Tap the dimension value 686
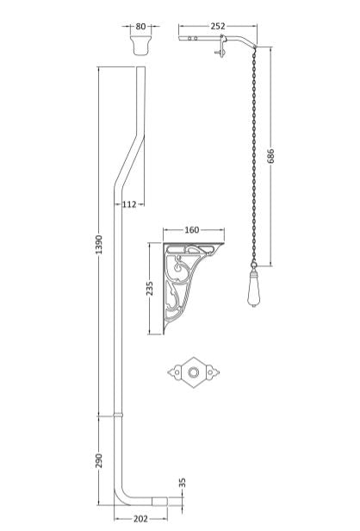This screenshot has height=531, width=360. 270,156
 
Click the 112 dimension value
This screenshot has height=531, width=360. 130,203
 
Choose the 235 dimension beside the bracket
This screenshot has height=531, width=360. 151,286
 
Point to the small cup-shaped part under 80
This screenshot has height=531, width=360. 140,44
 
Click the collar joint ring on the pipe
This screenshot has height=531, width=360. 119,416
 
